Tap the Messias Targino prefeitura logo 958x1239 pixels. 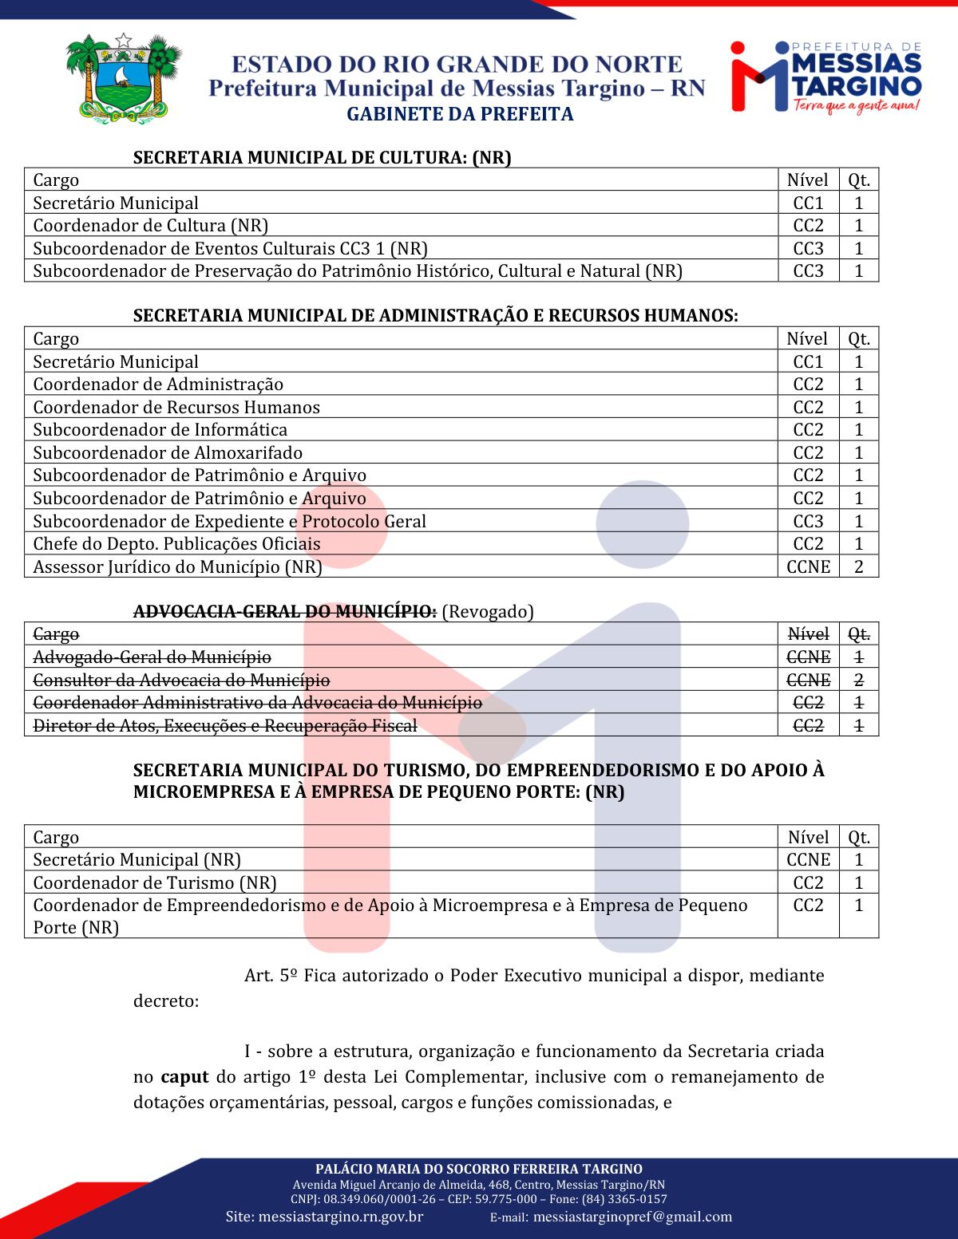coord(825,77)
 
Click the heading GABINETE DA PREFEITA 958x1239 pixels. coord(460,114)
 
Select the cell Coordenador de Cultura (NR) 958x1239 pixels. coord(150,226)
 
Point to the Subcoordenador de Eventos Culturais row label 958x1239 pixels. coord(236,248)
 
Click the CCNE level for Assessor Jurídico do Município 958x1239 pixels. coord(808,566)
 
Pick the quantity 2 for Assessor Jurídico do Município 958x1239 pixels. coord(859,566)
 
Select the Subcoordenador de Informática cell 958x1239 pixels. coord(160,430)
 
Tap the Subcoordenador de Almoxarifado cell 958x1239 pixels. coord(168,452)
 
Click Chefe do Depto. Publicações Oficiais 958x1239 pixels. coord(176,544)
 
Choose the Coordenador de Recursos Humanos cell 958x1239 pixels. coord(176,407)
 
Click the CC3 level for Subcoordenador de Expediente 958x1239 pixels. coord(808,521)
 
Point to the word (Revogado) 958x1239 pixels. coord(487,612)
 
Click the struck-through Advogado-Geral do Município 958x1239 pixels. coord(152,657)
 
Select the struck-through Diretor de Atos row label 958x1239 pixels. coord(225,726)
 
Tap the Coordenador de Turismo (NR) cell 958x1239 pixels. coord(154,882)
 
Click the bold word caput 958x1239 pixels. coord(184,1077)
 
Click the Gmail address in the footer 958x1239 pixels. coord(631,1217)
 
